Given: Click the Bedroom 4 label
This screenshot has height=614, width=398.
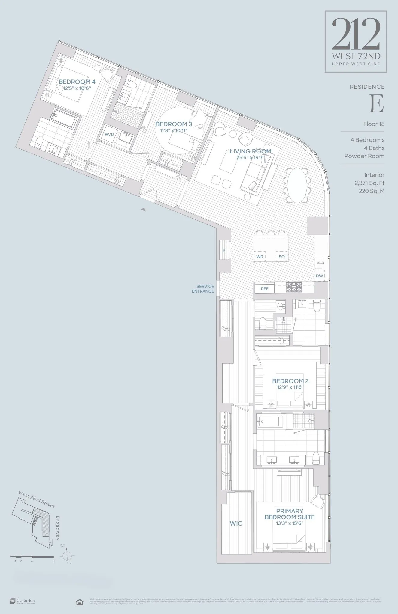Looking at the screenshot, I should pyautogui.click(x=77, y=82).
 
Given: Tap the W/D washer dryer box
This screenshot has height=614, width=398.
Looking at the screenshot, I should pyautogui.click(x=109, y=134).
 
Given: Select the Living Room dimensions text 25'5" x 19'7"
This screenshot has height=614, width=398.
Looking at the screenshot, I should pyautogui.click(x=250, y=157).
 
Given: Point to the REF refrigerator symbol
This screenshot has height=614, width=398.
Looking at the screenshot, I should pyautogui.click(x=264, y=289).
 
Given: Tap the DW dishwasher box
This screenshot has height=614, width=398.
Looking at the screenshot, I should pyautogui.click(x=319, y=276).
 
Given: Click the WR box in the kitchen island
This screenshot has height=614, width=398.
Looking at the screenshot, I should pyautogui.click(x=260, y=257).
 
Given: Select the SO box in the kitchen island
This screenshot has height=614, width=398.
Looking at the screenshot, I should pyautogui.click(x=281, y=257).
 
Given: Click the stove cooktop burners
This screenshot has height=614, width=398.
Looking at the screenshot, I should pyautogui.click(x=294, y=287).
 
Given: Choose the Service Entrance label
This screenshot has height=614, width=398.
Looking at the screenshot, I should pyautogui.click(x=203, y=289).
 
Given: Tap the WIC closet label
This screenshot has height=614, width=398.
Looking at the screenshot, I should pyautogui.click(x=236, y=523).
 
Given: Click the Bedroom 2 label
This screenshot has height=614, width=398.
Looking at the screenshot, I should pyautogui.click(x=290, y=381).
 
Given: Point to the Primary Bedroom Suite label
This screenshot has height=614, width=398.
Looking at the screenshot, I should pyautogui.click(x=290, y=514).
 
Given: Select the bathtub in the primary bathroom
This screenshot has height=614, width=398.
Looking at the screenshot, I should pyautogui.click(x=270, y=422).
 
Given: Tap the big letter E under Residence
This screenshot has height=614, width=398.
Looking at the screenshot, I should pyautogui.click(x=377, y=103).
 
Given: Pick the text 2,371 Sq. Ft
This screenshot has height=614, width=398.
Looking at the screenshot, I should pyautogui.click(x=369, y=183).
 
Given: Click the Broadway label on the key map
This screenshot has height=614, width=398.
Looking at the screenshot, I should pyautogui.click(x=58, y=528).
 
